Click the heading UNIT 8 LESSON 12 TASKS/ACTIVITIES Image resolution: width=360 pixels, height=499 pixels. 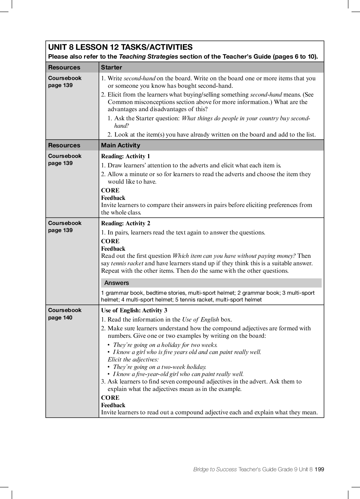pyautogui.click(x=120, y=47)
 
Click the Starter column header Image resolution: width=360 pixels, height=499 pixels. pyautogui.click(x=111, y=67)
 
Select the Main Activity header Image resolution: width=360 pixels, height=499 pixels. pyautogui.click(x=120, y=145)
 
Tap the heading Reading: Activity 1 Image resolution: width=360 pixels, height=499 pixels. pyautogui.click(x=125, y=156)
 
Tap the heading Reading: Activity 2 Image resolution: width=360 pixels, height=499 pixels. pyautogui.click(x=125, y=223)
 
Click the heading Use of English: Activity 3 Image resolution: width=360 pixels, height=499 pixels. pyautogui.click(x=134, y=310)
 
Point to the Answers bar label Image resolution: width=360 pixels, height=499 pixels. pyautogui.click(x=117, y=283)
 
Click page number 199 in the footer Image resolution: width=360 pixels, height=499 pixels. pyautogui.click(x=319, y=469)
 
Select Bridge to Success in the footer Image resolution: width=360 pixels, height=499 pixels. pyautogui.click(x=215, y=469)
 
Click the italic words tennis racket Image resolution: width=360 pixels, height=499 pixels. pyautogui.click(x=127, y=263)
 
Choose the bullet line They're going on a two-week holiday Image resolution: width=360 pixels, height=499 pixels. pyautogui.click(x=159, y=367)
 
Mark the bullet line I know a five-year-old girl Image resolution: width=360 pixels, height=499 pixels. pyautogui.click(x=178, y=374)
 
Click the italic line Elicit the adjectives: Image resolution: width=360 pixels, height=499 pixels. pyautogui.click(x=133, y=359)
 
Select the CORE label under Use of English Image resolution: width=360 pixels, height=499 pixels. pyautogui.click(x=110, y=398)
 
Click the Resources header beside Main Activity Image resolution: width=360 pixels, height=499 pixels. pyautogui.click(x=64, y=145)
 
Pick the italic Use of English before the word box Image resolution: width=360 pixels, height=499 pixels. pyautogui.click(x=200, y=319)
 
